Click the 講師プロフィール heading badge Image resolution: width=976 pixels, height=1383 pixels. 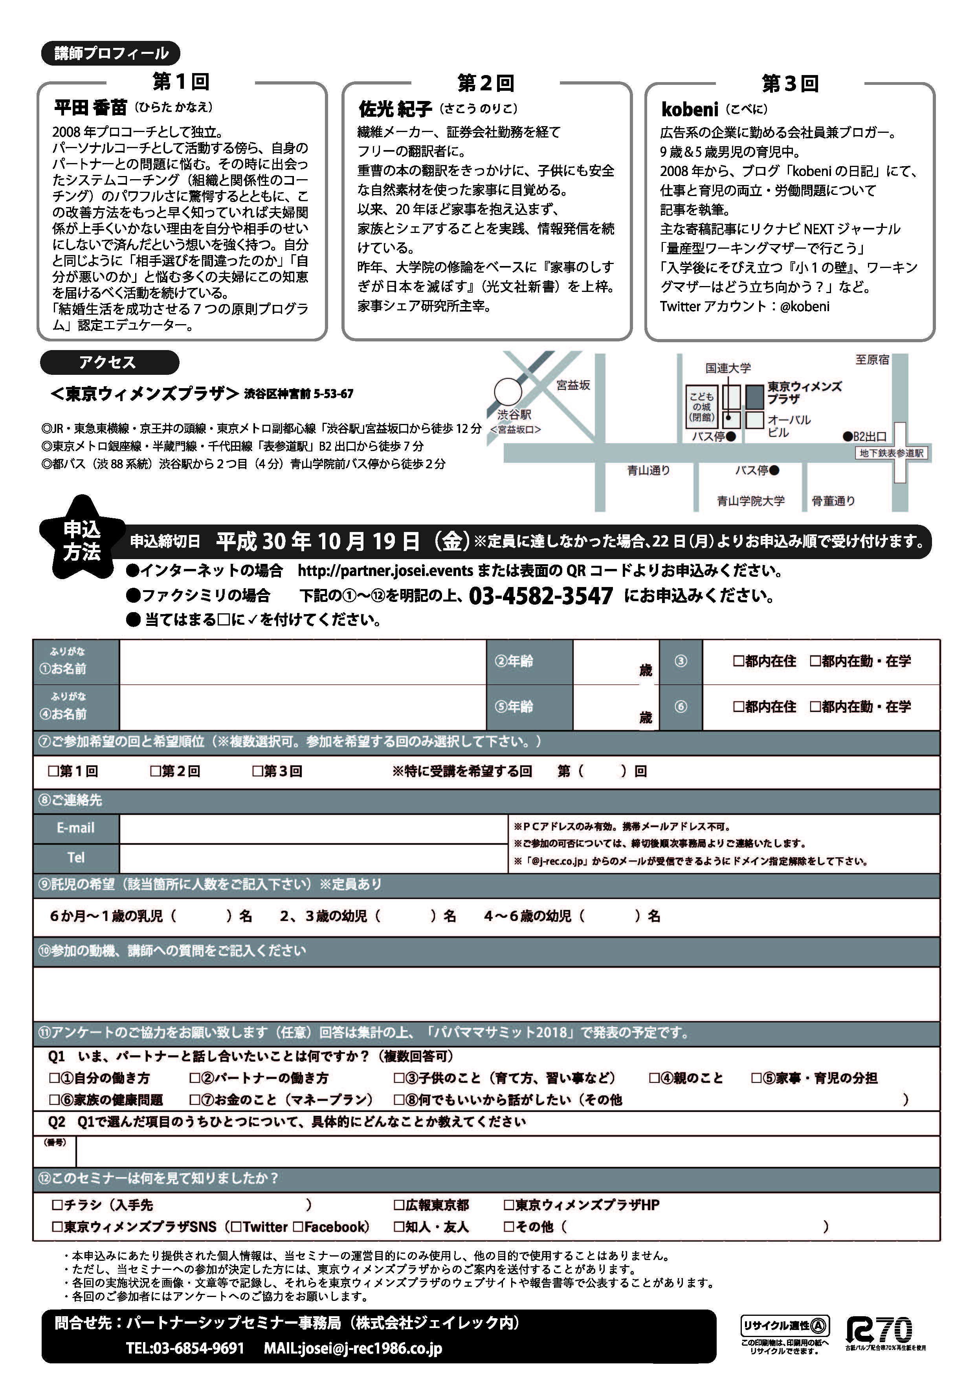coord(111,53)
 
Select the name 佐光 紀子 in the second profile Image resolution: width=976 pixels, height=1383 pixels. coord(395,109)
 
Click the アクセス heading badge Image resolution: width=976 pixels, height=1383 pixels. coord(109,363)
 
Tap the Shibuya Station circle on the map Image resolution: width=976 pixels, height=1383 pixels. coord(508,392)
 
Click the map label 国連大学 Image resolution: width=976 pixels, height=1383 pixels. coord(728,368)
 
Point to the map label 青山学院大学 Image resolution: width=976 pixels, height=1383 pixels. coord(751,501)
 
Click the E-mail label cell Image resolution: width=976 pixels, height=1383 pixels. coord(76,828)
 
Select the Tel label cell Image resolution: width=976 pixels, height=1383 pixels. coord(76,857)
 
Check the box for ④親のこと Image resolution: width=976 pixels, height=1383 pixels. coord(654,1078)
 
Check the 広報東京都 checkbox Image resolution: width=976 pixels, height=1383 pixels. coord(399,1205)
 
